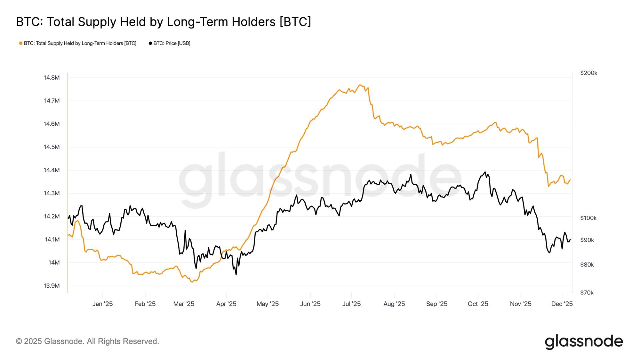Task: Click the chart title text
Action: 163,22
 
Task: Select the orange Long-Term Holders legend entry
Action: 78,43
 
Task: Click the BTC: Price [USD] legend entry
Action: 170,43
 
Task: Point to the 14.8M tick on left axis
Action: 52,78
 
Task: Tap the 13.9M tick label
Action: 52,286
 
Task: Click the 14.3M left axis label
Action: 52,193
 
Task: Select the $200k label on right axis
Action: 589,73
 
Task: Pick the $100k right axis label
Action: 588,218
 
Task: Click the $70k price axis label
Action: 587,293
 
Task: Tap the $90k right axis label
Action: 587,240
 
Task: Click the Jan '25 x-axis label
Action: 102,304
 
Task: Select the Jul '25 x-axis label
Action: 351,304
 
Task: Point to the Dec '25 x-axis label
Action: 562,304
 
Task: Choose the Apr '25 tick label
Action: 226,304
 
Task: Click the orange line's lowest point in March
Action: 192,282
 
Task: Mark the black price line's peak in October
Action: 485,172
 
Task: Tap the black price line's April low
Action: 236,274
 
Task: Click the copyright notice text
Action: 88,341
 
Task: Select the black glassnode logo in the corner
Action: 584,342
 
